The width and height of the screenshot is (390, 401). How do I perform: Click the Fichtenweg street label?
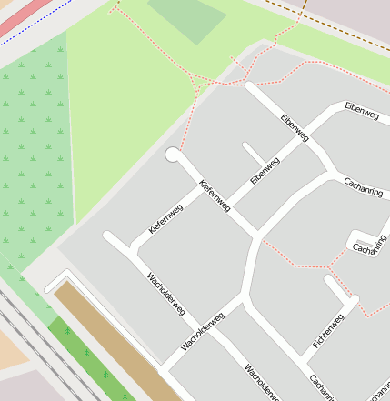tap(328, 331)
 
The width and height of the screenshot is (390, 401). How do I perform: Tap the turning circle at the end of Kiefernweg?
tap(173, 155)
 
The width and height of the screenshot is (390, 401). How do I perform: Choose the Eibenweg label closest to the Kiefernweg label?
tap(265, 170)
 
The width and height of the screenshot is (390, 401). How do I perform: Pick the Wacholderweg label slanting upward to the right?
tap(202, 331)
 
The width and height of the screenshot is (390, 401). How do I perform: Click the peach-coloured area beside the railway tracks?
tap(11, 350)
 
